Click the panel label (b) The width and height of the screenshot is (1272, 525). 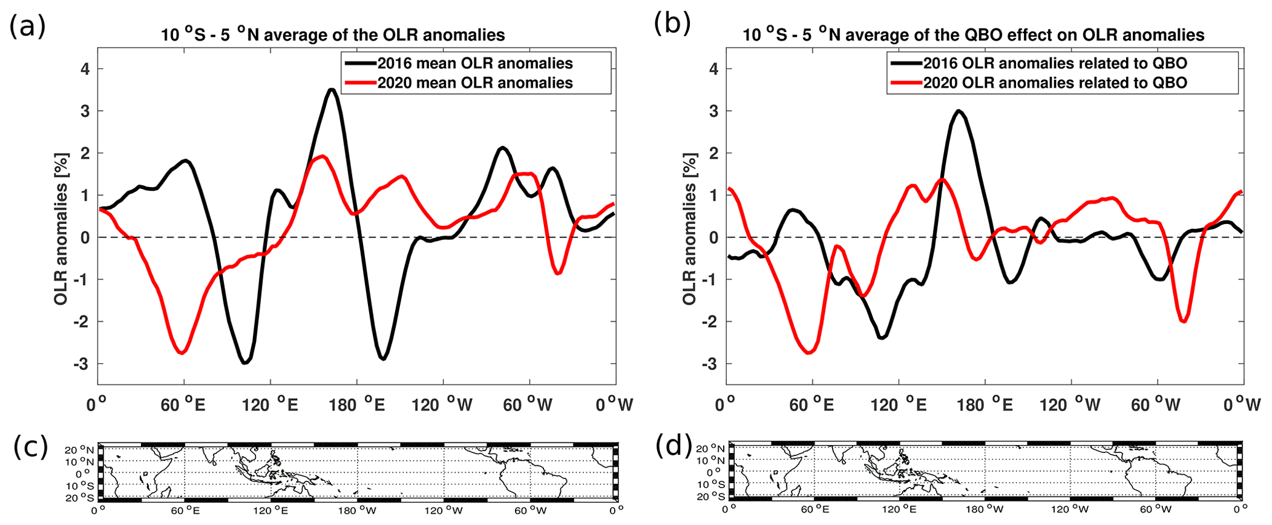pyautogui.click(x=672, y=23)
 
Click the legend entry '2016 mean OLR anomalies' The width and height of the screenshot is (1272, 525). pyautogui.click(x=474, y=63)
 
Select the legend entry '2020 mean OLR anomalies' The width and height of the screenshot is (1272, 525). pyautogui.click(x=474, y=83)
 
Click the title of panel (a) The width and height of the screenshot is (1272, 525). pyautogui.click(x=333, y=34)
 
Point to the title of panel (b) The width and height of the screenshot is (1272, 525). pyautogui.click(x=973, y=34)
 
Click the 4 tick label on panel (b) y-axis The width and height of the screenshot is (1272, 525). pyautogui.click(x=713, y=69)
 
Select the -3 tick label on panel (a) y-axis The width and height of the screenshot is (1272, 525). pyautogui.click(x=81, y=364)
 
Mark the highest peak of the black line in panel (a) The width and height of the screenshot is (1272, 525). pyautogui.click(x=332, y=90)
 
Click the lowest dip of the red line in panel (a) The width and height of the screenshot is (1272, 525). pyautogui.click(x=182, y=353)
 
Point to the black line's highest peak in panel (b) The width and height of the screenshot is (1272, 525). pyautogui.click(x=959, y=111)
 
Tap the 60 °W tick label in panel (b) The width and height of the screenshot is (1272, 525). pyautogui.click(x=1155, y=404)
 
